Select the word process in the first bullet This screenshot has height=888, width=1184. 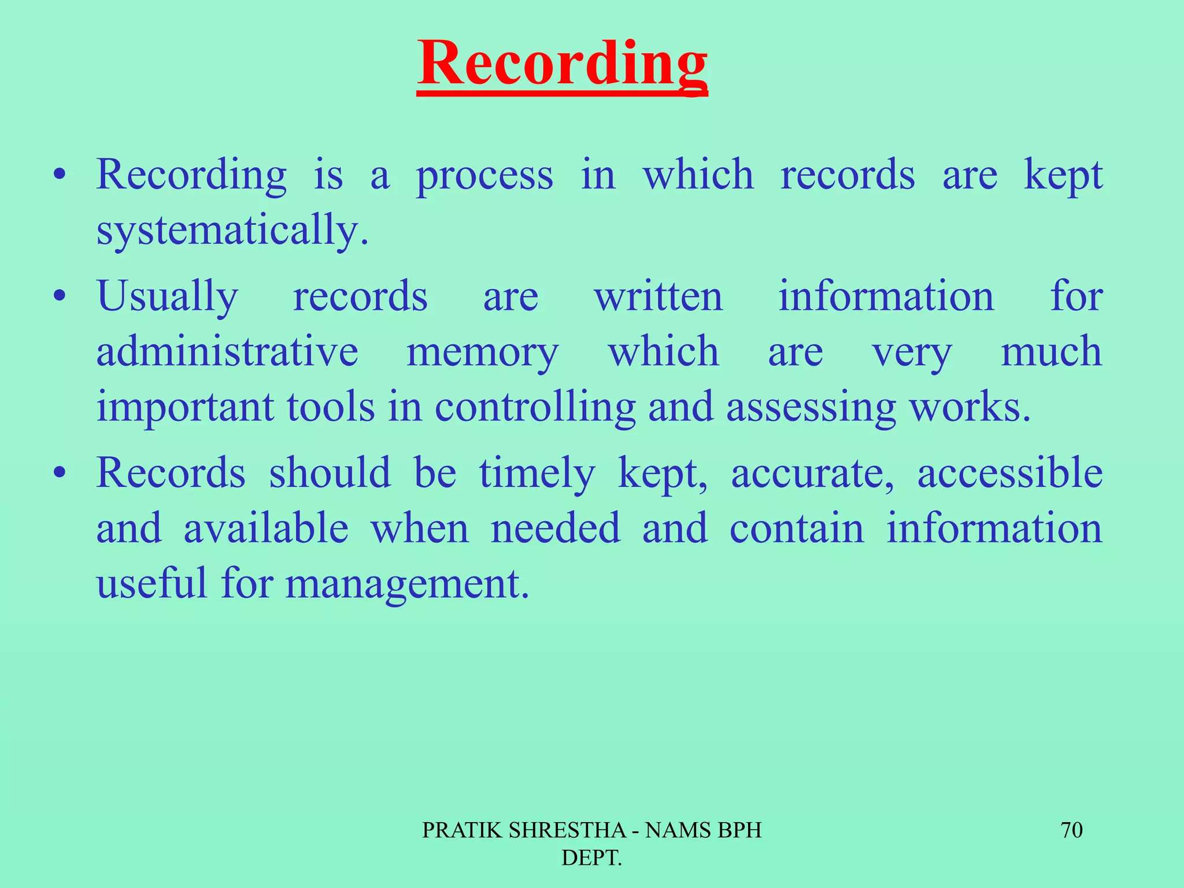coord(484,176)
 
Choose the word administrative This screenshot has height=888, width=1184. coord(227,352)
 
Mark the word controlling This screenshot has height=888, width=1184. coord(535,408)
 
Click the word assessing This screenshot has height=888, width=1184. coord(811,408)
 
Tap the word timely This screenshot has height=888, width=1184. coord(536,473)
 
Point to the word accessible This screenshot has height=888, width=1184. coord(1010,473)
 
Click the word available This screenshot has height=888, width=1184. coord(266,528)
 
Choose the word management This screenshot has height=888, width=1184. coord(407,584)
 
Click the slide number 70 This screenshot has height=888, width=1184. coord(1071,830)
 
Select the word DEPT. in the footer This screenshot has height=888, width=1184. coord(591,858)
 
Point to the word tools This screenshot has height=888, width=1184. coord(331,408)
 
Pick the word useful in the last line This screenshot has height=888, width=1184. coord(151,583)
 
